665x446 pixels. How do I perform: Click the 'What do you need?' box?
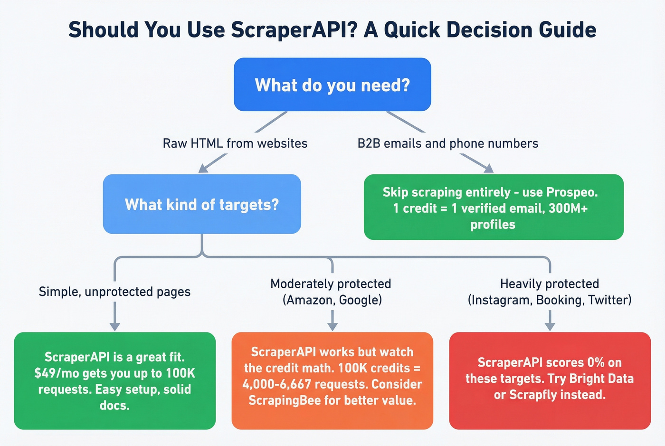click(332, 85)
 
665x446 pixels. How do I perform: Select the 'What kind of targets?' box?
click(202, 204)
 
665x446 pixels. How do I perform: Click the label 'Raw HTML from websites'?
click(235, 143)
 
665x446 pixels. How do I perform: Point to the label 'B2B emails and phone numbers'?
click(448, 143)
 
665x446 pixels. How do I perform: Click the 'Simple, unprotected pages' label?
click(114, 292)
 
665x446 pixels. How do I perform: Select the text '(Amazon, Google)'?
click(332, 300)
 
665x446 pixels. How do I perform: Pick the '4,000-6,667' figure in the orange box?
click(276, 384)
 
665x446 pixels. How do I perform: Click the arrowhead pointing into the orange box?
click(332, 326)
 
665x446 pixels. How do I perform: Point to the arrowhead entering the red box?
click(550, 326)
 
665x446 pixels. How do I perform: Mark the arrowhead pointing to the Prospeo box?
click(488, 168)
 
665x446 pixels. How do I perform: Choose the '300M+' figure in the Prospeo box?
click(568, 208)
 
